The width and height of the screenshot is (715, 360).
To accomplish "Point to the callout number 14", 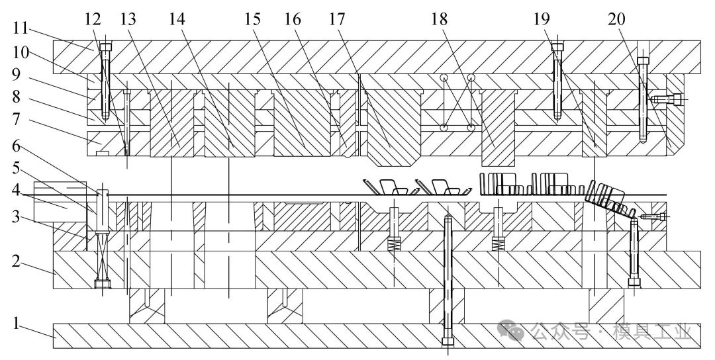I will pos(176,19).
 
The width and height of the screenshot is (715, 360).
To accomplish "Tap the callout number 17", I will pos(338,19).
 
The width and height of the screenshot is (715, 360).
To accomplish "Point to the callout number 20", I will pos(616,19).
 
